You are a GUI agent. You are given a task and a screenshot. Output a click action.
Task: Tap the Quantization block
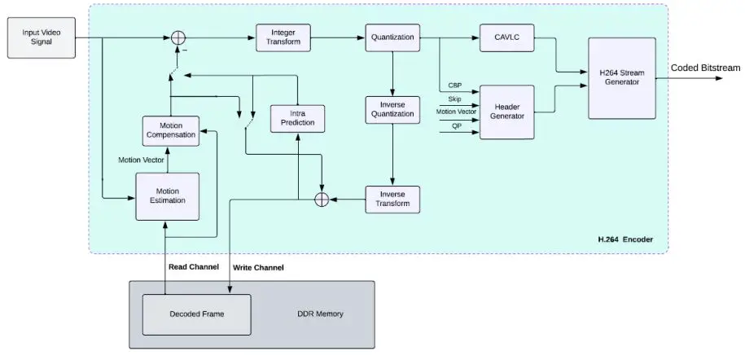click(x=392, y=37)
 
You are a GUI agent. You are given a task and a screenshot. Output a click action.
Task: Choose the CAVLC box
click(x=500, y=37)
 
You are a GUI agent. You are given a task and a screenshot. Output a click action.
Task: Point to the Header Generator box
click(x=506, y=112)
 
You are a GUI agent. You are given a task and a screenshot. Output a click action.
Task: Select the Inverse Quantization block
click(x=392, y=110)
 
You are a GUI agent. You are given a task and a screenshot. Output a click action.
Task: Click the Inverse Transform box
click(x=392, y=200)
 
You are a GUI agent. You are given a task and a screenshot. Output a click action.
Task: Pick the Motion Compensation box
click(x=171, y=130)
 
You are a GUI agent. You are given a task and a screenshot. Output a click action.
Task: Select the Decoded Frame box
click(x=196, y=314)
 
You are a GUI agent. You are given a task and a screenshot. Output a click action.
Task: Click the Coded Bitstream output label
click(x=705, y=68)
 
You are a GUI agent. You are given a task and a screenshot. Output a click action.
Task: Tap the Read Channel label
click(x=192, y=266)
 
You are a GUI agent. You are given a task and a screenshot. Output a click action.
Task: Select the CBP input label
click(x=454, y=86)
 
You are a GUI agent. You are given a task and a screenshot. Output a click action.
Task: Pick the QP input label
click(x=456, y=125)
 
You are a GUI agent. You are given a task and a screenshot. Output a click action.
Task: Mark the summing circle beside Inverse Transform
click(x=322, y=200)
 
